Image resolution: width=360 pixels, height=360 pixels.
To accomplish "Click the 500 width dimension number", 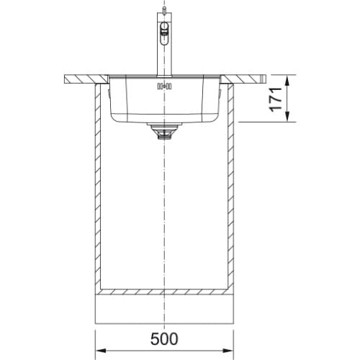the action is (x=164, y=338).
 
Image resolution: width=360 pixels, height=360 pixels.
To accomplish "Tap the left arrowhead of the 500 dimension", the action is (x=101, y=351).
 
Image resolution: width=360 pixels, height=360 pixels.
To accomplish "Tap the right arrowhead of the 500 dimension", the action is (x=228, y=351).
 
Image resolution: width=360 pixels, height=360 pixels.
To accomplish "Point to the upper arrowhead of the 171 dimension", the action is (x=288, y=81).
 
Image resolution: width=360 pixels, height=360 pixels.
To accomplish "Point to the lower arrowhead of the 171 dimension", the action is (x=288, y=117).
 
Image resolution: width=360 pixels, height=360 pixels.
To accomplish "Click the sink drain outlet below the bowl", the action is (x=164, y=131).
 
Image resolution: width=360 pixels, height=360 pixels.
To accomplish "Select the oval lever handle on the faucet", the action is (x=164, y=34).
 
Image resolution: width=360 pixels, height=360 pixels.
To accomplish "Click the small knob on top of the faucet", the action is (x=164, y=10).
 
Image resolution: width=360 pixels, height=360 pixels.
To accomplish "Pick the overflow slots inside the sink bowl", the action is (x=164, y=86).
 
